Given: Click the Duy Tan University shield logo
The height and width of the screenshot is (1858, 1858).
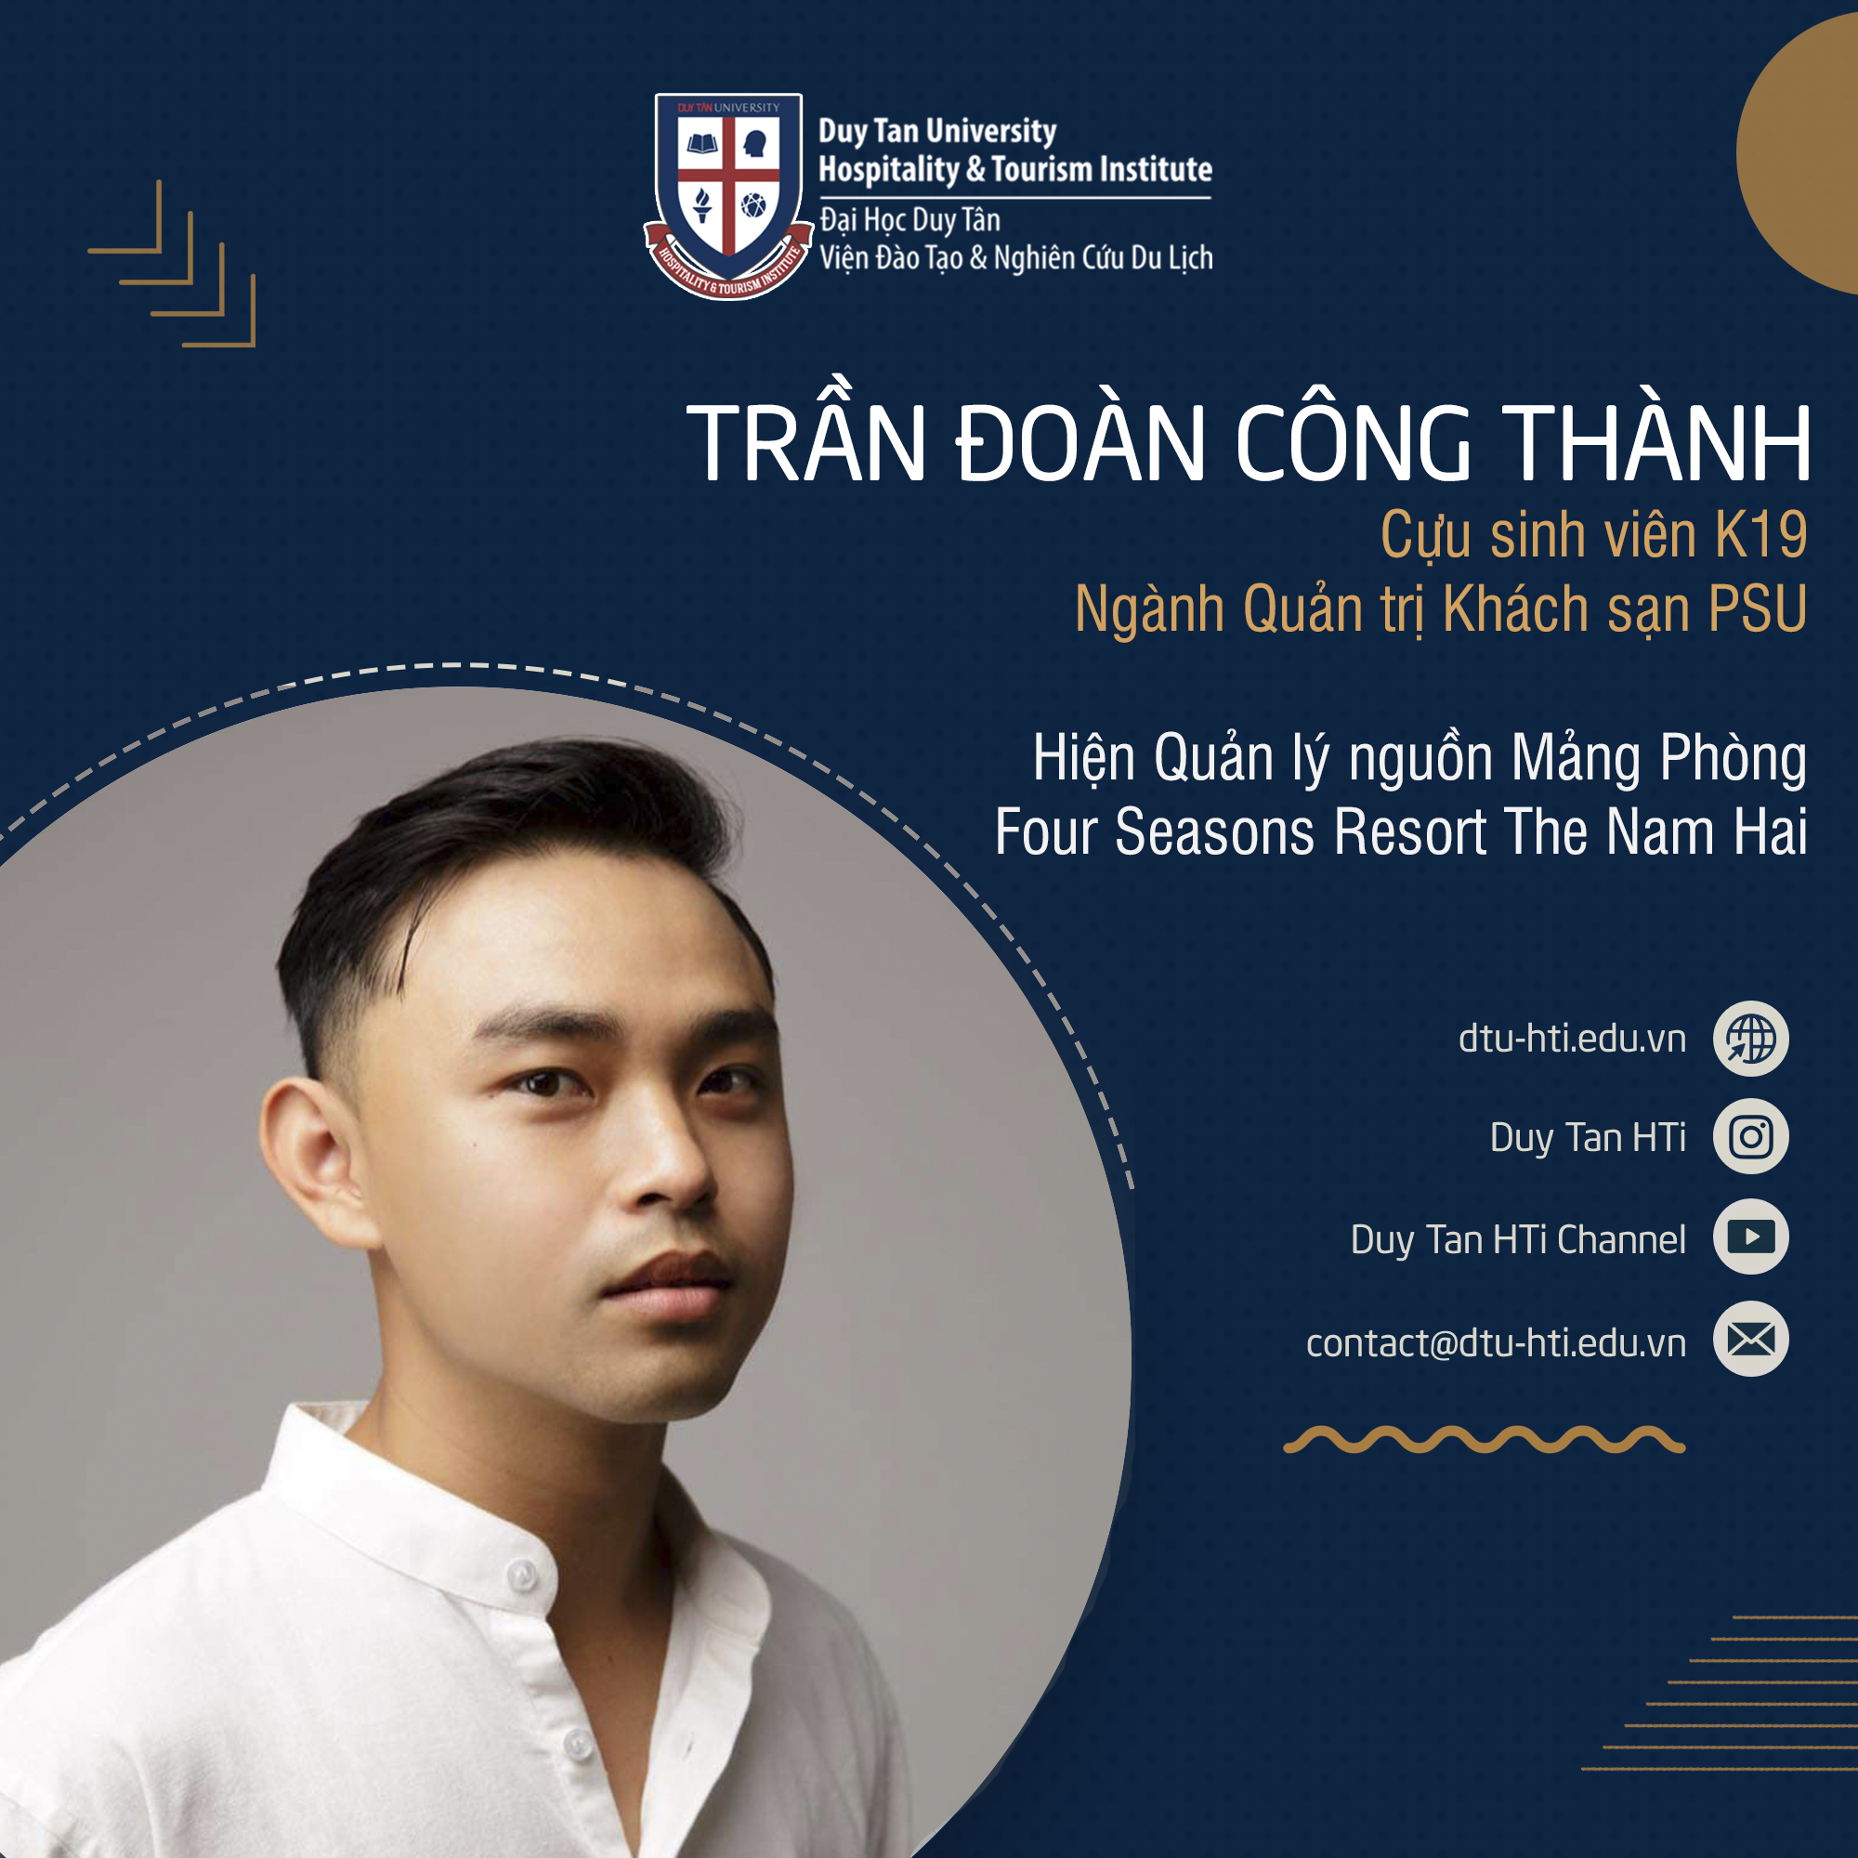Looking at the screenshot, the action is click(x=728, y=195).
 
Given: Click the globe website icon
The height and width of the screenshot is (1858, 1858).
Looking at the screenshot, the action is click(x=1750, y=1039).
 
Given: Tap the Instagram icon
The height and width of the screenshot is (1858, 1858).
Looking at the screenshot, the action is click(x=1750, y=1137).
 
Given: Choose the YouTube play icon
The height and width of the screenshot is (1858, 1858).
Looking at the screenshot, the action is click(x=1750, y=1236).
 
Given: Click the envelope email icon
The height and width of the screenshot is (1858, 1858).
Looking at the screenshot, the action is click(x=1750, y=1339).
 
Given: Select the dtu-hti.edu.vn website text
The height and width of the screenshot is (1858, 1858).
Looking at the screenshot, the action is click(x=1573, y=1039).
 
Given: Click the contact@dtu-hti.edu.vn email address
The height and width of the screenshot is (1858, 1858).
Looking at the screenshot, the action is click(x=1497, y=1342).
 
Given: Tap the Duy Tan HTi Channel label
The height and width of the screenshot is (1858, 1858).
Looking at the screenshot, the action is click(x=1519, y=1239).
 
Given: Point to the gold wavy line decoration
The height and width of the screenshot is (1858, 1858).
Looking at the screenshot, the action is click(x=1484, y=1440).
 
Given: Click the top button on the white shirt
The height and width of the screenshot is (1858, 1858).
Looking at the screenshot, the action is click(x=521, y=1576).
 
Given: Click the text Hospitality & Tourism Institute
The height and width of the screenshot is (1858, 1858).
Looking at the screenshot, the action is click(x=1014, y=169).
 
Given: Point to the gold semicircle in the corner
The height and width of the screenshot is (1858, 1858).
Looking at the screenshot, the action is click(x=1798, y=154).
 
